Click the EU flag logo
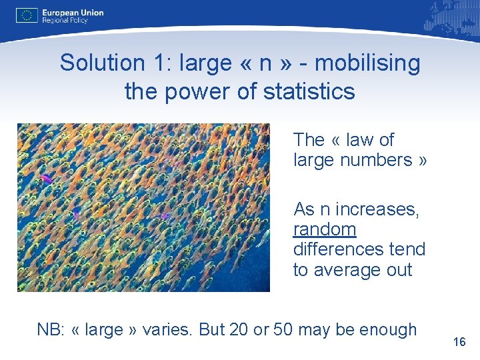point(27,15)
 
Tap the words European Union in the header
point(73,12)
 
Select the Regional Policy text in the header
point(65,21)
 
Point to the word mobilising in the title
point(367,63)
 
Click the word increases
point(377,209)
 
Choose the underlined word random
point(325,229)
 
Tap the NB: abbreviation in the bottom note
point(51,329)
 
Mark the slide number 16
point(459,342)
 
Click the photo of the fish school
point(143,207)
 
